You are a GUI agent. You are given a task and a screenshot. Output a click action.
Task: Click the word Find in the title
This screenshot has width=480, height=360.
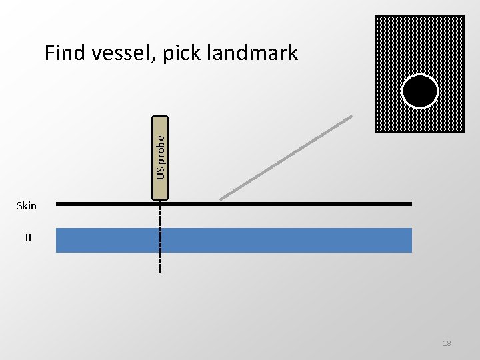click(x=64, y=53)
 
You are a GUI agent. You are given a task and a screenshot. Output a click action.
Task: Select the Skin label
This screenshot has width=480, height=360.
click(x=27, y=206)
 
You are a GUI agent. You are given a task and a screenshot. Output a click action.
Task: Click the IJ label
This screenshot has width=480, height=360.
click(x=27, y=237)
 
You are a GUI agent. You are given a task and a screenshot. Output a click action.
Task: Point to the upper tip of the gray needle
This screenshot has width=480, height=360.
click(x=351, y=117)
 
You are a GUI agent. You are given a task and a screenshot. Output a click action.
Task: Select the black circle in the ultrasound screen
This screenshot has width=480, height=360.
click(x=420, y=91)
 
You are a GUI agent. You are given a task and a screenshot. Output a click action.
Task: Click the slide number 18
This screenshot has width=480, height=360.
click(x=447, y=343)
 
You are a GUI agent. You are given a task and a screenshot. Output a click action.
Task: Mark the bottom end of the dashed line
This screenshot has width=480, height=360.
click(x=161, y=271)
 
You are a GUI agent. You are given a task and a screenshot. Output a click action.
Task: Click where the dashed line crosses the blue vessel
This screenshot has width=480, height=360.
click(x=161, y=240)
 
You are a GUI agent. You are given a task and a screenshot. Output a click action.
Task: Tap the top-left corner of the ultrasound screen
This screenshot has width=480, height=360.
click(x=377, y=17)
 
